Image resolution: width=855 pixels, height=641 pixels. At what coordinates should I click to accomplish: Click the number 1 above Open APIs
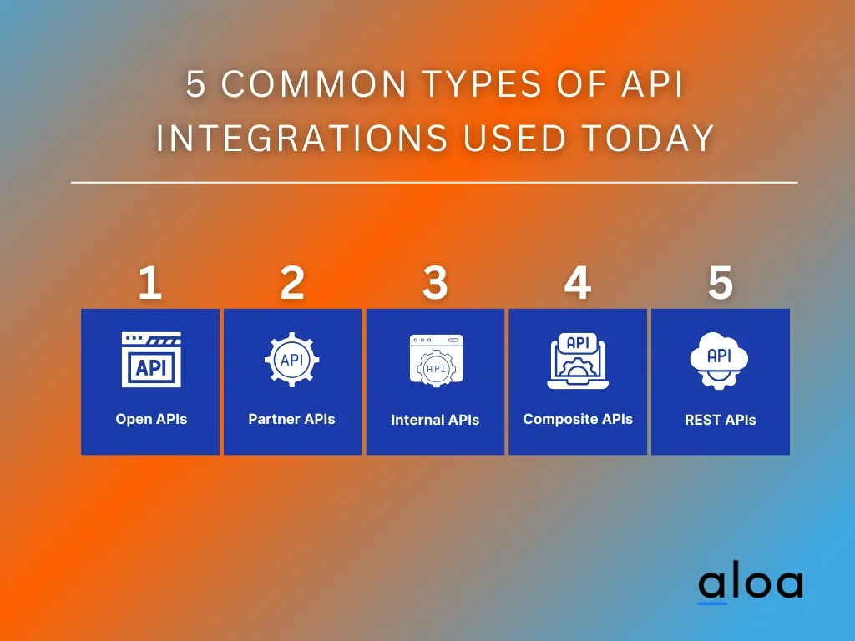(150, 284)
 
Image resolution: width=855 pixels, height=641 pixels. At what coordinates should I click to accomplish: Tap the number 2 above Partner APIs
(292, 284)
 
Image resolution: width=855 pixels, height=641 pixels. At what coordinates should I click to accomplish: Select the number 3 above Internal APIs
(435, 284)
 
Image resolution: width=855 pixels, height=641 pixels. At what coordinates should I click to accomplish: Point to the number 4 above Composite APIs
(578, 284)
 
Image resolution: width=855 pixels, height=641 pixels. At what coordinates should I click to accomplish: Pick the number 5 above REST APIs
(721, 284)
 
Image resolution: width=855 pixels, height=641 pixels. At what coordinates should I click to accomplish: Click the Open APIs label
(151, 419)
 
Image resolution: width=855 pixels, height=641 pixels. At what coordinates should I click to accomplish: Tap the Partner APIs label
(291, 419)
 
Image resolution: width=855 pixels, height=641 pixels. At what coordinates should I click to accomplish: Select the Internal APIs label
(435, 420)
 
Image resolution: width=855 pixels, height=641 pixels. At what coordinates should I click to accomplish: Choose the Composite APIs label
(578, 419)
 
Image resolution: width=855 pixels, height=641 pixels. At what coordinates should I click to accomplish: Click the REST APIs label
(720, 420)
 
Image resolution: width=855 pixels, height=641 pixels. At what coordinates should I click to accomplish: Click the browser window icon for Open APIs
(151, 360)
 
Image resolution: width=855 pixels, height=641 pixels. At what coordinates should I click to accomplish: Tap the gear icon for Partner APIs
(291, 360)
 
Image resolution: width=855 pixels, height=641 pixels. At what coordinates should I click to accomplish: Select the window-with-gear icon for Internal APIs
(435, 361)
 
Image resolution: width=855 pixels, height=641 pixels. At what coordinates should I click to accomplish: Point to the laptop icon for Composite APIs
(578, 361)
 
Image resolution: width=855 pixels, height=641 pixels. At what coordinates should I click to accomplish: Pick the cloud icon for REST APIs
(719, 360)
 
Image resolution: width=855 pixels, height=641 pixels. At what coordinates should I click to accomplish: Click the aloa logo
(750, 583)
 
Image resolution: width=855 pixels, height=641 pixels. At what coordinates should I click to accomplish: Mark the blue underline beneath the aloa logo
(712, 602)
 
